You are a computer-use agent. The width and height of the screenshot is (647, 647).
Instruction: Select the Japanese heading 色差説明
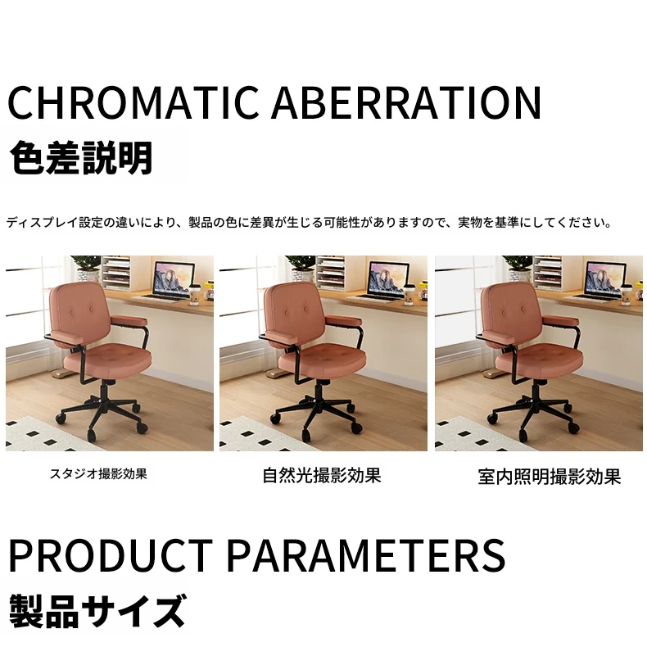(81, 157)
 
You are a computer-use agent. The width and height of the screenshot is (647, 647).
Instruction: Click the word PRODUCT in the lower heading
(111, 554)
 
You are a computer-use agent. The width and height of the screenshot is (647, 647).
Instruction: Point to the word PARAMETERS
(366, 554)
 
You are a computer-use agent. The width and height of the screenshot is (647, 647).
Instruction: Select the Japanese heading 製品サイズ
(97, 611)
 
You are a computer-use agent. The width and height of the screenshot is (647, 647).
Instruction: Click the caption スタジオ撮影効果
(98, 473)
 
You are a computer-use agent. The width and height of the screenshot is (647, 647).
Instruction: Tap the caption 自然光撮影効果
(321, 475)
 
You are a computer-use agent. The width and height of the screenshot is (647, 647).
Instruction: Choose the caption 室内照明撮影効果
(550, 477)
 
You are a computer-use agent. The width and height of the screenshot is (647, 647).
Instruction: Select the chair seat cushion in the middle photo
(322, 358)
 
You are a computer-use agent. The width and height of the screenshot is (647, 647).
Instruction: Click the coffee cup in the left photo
(194, 294)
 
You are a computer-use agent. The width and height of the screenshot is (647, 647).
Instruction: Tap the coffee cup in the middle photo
(409, 294)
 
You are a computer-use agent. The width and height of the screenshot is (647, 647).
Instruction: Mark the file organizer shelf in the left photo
(116, 273)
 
